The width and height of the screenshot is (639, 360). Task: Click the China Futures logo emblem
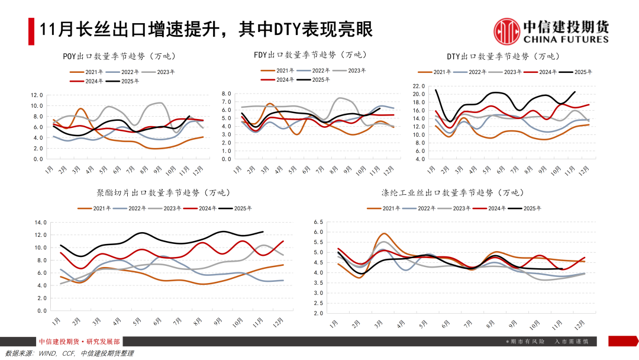coord(507,31)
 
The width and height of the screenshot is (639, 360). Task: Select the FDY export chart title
coord(310,54)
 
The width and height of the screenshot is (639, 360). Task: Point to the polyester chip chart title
coord(163,192)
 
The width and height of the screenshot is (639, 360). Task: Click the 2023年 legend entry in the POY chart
coord(163,72)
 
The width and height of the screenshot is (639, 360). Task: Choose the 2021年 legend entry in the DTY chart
coord(438,72)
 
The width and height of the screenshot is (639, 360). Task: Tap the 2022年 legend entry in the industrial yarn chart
coord(422,208)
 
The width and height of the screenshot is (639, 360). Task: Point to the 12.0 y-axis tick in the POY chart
coord(37,95)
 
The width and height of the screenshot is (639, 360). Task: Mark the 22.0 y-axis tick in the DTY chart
coord(419,86)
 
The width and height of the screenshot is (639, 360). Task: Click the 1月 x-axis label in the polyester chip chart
coord(56,321)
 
